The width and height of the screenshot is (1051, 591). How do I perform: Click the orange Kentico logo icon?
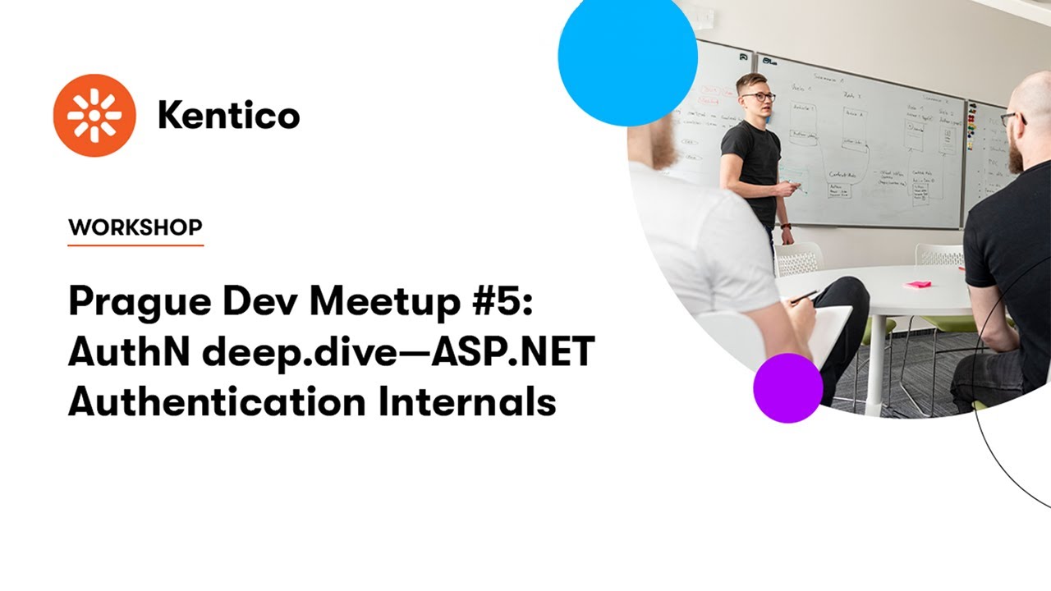click(x=94, y=115)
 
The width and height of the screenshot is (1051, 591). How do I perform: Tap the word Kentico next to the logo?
click(x=228, y=116)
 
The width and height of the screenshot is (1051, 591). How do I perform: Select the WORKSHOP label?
click(x=135, y=227)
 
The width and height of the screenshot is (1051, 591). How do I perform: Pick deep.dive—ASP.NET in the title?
click(x=397, y=353)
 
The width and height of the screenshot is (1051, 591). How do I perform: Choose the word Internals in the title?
click(x=467, y=401)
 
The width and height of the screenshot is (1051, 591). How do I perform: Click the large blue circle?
click(x=627, y=56)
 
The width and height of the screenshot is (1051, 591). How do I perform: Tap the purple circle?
click(x=787, y=387)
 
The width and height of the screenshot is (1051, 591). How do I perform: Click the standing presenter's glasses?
click(x=759, y=97)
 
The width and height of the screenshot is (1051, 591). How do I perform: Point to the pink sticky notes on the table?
click(x=918, y=284)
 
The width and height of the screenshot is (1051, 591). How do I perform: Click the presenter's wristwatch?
click(x=786, y=226)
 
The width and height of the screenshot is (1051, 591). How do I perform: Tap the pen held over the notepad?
click(x=805, y=295)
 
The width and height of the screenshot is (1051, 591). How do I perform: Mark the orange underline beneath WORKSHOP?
click(x=135, y=245)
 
